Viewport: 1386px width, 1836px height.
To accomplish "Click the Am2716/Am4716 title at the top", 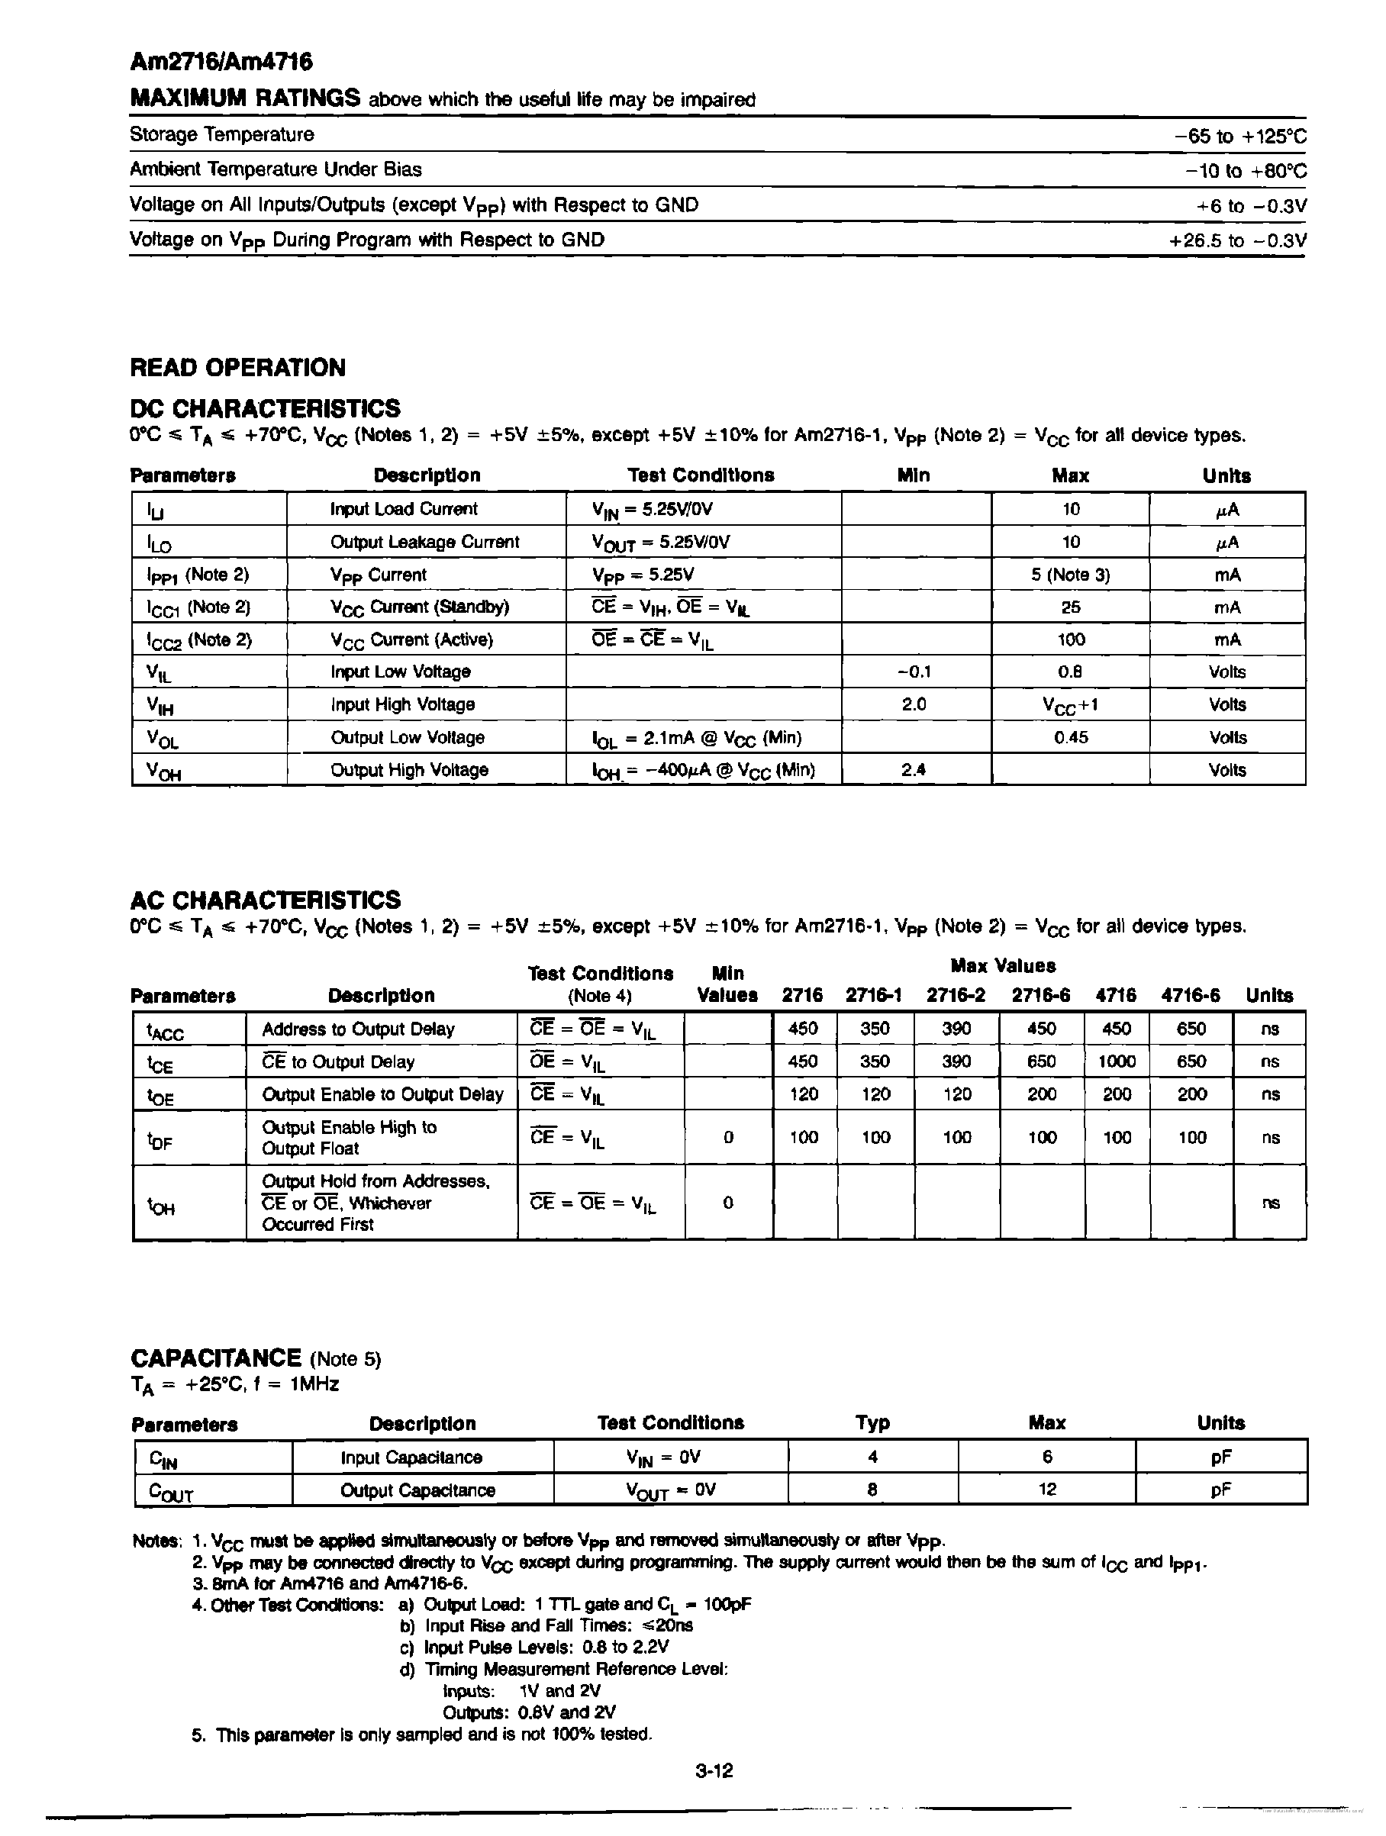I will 221,63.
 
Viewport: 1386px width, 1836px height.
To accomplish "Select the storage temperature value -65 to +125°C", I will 1240,136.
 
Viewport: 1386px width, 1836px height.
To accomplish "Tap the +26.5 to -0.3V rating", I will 1236,240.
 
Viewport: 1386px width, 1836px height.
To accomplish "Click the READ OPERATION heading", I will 237,368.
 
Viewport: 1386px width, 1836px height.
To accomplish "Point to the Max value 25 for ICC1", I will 1071,607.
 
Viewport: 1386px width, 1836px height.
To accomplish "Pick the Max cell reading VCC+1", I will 1071,704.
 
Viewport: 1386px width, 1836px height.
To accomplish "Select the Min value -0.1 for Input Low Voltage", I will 914,672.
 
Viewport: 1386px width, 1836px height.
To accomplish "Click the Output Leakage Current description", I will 424,542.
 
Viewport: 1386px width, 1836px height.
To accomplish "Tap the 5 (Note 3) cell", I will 1071,575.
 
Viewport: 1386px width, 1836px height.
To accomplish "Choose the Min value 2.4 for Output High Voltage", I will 914,769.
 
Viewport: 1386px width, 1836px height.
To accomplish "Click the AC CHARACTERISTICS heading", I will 265,900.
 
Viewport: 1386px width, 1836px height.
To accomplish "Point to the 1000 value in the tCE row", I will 1117,1061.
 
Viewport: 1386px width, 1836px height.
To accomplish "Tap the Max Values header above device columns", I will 1003,966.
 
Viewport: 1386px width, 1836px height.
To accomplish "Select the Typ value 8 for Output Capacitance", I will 872,1489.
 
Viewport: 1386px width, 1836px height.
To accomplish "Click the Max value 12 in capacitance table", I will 1046,1489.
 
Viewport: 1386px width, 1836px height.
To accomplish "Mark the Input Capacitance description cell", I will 411,1458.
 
